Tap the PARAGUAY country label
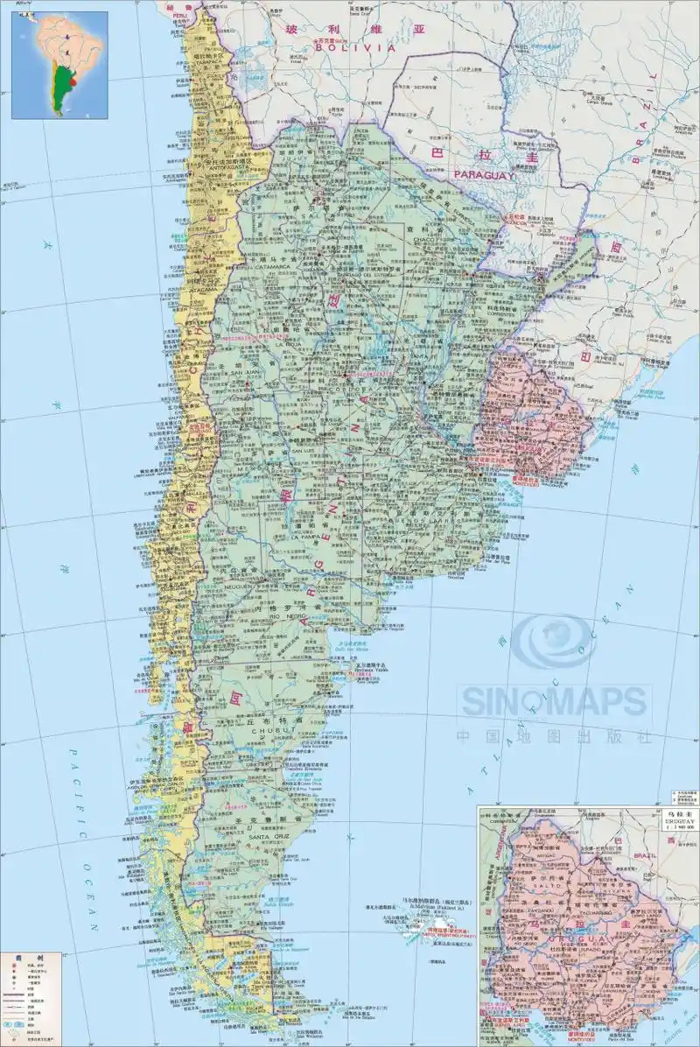coord(481,175)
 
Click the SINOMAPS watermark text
coord(555,701)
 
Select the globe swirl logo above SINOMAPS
coord(553,644)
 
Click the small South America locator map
coord(59,65)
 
